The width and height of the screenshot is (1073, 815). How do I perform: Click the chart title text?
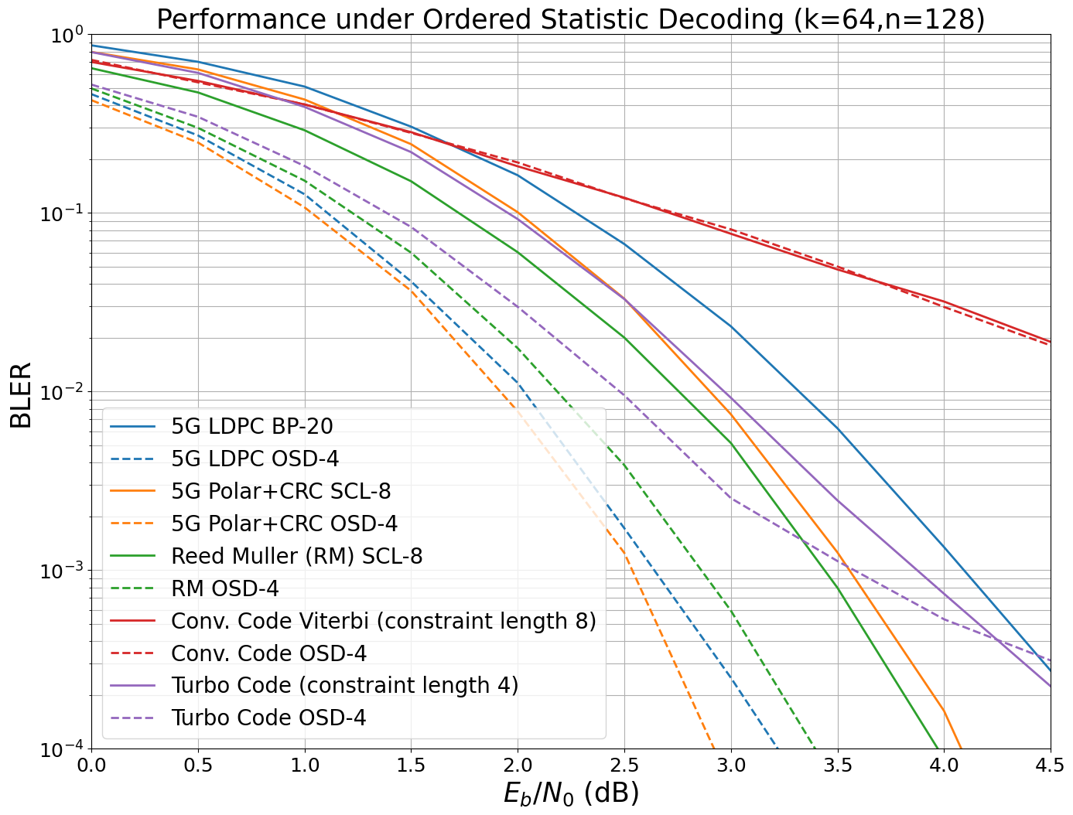570,19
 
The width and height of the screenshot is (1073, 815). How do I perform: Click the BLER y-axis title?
21,394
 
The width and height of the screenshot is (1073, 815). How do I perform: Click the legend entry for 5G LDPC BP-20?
252,426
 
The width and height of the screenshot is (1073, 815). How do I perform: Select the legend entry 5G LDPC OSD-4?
255,459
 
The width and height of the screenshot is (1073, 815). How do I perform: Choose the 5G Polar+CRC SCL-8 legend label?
281,491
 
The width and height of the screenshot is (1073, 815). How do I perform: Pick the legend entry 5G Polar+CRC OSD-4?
284,523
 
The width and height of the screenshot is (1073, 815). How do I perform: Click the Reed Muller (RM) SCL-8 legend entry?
296,556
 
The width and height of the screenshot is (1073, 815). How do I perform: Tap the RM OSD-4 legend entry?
224,588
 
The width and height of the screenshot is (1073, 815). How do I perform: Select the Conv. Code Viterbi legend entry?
383,621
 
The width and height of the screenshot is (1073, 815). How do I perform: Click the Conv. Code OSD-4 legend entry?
268,653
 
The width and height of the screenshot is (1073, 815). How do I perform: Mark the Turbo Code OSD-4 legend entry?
268,718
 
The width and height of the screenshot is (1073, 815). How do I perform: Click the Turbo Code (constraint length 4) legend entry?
344,685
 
